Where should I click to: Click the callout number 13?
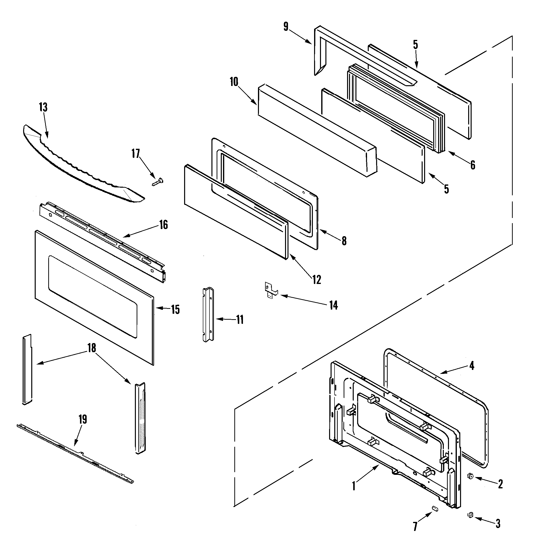[43, 107]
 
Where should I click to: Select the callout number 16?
[163, 225]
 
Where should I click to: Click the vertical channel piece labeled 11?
[208, 315]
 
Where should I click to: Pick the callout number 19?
[83, 419]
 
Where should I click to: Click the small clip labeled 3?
[471, 515]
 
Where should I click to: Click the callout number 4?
[472, 366]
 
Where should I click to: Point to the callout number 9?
[286, 27]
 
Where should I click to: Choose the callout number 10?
[234, 82]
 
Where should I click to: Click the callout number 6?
[473, 165]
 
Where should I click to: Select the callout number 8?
[344, 241]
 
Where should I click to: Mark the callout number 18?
[92, 348]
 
